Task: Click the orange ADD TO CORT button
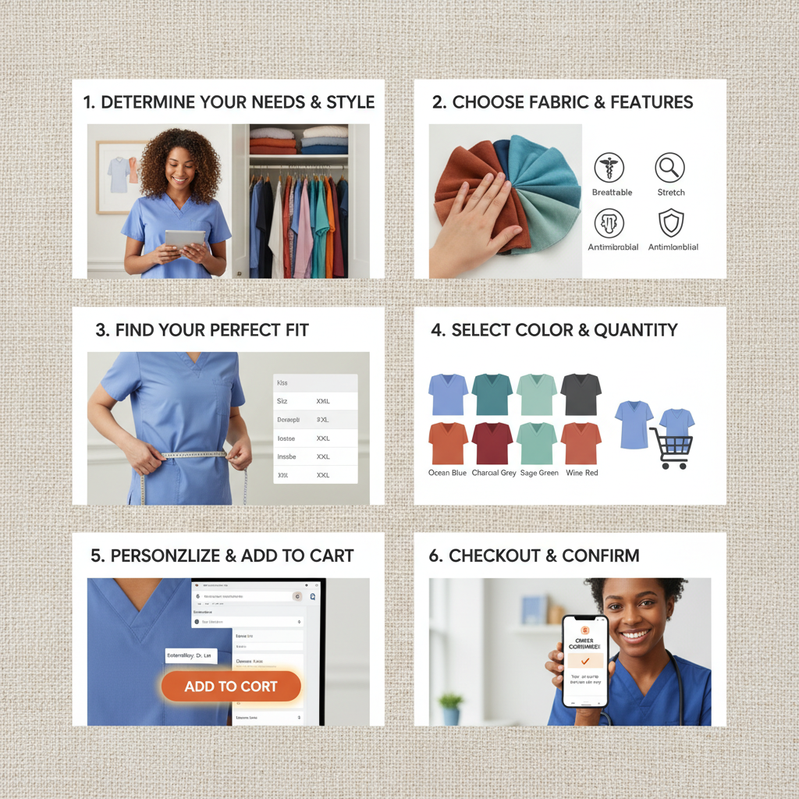231,687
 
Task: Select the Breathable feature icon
609,168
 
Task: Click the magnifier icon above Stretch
670,168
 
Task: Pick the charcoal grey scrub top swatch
581,394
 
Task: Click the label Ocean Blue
448,473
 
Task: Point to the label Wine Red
581,473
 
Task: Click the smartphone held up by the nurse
585,660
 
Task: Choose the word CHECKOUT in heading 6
496,556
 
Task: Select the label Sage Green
538,473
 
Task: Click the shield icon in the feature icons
670,223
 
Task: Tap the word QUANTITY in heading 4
636,330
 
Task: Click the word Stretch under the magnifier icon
670,192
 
